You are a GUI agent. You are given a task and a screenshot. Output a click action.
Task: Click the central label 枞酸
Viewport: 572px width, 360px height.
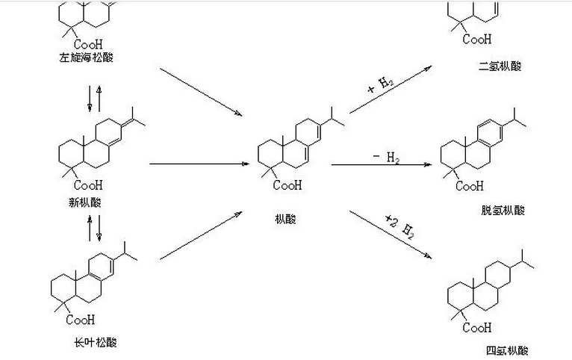tap(285, 219)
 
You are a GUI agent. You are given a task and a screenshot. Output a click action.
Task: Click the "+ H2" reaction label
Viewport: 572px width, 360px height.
tap(381, 83)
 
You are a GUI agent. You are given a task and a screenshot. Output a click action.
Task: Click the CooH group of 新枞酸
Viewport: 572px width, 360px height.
tap(88, 184)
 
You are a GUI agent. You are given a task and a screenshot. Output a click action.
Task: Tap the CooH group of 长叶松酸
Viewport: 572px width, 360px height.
tap(81, 320)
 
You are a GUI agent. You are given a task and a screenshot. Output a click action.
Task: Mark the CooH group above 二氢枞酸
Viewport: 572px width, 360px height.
tap(477, 39)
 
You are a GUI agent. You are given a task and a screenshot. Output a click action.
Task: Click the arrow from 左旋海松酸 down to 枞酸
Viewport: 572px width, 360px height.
tap(202, 92)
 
